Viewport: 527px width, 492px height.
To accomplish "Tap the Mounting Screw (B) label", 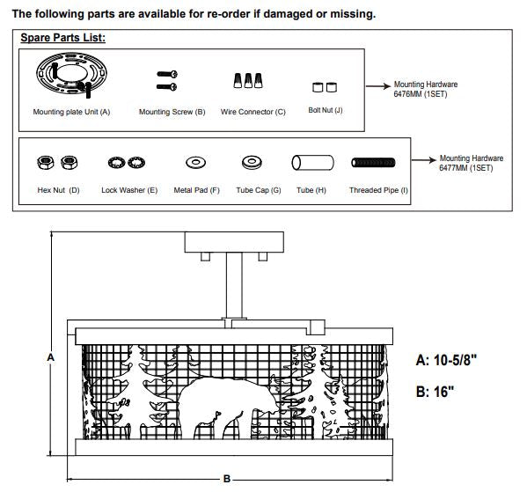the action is (172, 112).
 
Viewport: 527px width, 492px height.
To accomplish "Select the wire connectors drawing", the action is (248, 81).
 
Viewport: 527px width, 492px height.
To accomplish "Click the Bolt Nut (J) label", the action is (326, 110).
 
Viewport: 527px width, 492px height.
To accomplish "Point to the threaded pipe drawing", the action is (373, 163).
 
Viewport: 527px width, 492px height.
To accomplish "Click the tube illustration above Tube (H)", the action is (312, 163).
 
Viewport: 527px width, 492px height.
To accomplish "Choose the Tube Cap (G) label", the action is (259, 190).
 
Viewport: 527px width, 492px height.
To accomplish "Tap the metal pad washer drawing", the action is (195, 163).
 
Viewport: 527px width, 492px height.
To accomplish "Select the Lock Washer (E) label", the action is (129, 190).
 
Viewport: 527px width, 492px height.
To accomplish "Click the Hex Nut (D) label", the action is (58, 190).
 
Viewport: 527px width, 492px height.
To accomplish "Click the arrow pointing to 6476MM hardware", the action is (378, 86).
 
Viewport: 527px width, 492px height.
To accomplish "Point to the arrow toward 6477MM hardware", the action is (424, 160).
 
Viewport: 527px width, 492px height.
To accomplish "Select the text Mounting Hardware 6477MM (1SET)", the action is (472, 163).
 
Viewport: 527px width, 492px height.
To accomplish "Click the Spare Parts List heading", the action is (62, 38).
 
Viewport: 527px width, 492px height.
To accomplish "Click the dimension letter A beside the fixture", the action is (50, 357).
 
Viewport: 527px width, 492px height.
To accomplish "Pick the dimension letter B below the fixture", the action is (227, 479).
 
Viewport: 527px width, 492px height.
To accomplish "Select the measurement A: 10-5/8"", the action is (446, 361).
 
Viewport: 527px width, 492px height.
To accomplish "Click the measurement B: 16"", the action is (435, 392).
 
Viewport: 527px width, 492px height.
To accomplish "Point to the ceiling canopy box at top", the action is (234, 242).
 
